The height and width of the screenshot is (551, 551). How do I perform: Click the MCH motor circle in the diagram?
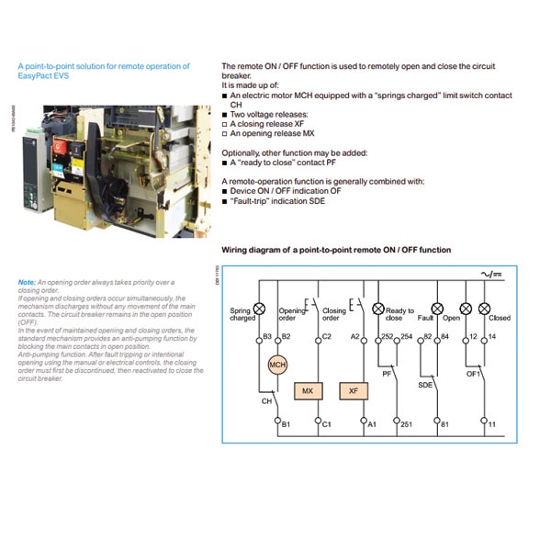(x=277, y=365)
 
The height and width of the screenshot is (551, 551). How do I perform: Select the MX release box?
(x=307, y=390)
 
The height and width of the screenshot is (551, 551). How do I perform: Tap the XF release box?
(x=353, y=390)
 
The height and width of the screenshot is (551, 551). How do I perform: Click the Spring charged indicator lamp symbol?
(x=259, y=309)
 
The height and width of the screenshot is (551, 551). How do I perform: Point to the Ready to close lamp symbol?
(x=377, y=309)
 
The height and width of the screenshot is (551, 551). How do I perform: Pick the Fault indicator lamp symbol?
(x=437, y=309)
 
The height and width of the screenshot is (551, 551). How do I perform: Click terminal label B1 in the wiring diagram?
(x=287, y=424)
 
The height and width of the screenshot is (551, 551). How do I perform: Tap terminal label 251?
(x=405, y=424)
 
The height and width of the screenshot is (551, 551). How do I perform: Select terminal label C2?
(x=327, y=338)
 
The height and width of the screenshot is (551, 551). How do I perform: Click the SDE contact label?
(x=425, y=385)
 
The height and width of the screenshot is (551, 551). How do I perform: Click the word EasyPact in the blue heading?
(x=36, y=75)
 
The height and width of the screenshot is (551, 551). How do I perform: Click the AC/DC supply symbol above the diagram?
(x=495, y=273)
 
